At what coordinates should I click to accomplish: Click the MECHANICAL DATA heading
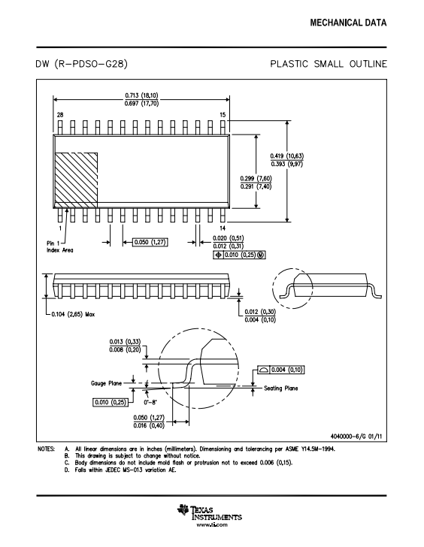[x=348, y=23]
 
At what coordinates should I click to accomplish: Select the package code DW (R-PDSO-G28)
[x=82, y=64]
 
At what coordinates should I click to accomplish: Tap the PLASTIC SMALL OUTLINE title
[x=329, y=64]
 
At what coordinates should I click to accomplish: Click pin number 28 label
[x=60, y=115]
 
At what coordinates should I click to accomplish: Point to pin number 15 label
[x=223, y=115]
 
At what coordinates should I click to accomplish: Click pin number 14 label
[x=223, y=228]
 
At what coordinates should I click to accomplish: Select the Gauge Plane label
[x=107, y=383]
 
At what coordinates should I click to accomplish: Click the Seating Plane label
[x=281, y=388]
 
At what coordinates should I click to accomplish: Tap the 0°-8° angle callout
[x=150, y=402]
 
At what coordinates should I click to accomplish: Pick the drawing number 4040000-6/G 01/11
[x=356, y=437]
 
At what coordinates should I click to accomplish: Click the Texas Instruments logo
[x=210, y=512]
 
